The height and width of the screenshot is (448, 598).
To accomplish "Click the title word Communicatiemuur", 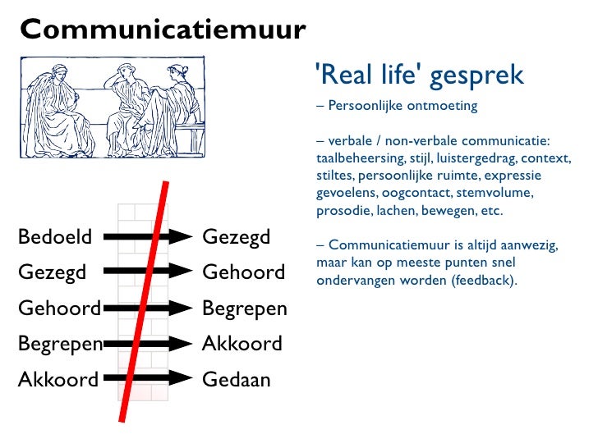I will click(163, 31).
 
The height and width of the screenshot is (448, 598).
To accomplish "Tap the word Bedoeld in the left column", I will click(55, 238).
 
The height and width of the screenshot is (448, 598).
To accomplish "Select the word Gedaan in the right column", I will click(237, 380).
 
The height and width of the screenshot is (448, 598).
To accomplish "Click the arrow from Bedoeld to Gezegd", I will click(148, 237).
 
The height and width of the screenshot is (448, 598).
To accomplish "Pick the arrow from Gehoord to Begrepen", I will click(148, 309).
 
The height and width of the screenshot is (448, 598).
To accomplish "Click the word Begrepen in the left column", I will click(60, 344).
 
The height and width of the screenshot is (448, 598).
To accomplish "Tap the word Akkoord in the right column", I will click(242, 344).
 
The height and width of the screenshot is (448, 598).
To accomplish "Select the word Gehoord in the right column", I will click(243, 272).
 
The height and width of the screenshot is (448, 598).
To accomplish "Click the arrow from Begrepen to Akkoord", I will click(148, 344).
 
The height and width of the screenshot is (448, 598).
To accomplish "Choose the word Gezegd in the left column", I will click(52, 272).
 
